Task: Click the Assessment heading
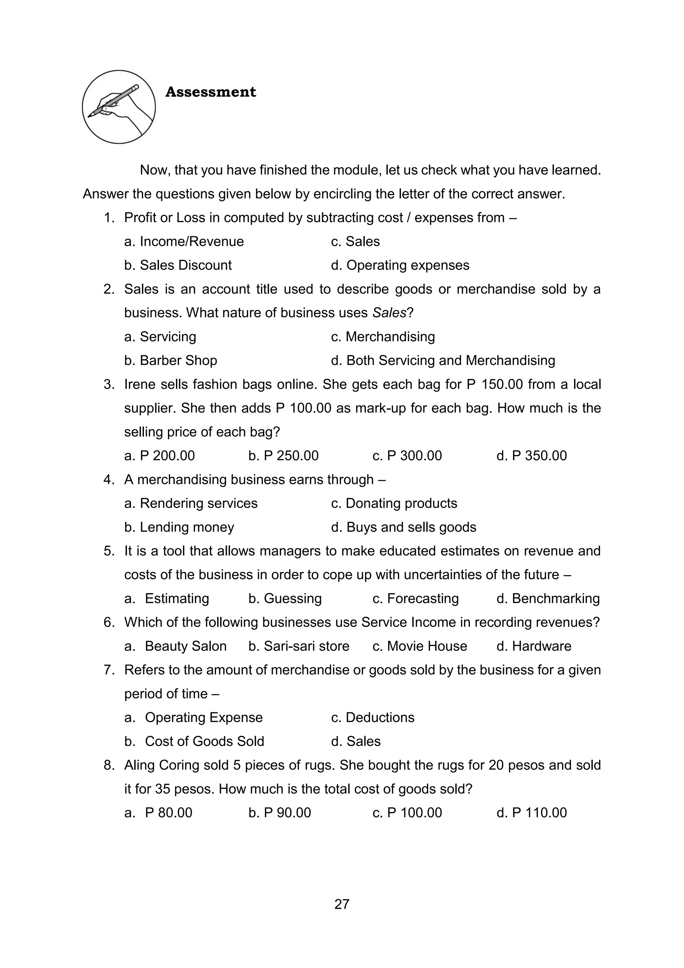(x=211, y=92)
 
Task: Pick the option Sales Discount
(x=185, y=265)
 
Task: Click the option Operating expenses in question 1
(x=407, y=265)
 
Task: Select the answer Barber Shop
(x=178, y=360)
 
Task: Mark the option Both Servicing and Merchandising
(x=450, y=360)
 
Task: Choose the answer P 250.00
(x=291, y=455)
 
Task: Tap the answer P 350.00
(x=539, y=455)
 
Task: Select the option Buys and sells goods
(x=411, y=527)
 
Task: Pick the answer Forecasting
(x=422, y=598)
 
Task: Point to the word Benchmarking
(x=555, y=598)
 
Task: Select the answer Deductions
(x=379, y=717)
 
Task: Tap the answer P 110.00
(x=539, y=813)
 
